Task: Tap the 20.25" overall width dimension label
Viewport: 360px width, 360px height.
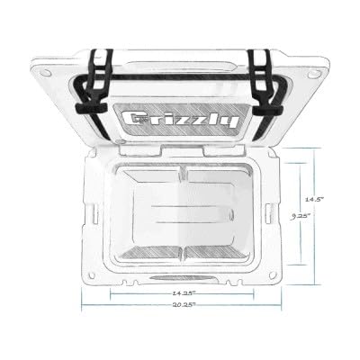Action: tap(184, 305)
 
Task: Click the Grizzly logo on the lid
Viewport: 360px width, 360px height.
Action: tap(181, 121)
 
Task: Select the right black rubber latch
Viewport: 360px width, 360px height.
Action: tap(265, 83)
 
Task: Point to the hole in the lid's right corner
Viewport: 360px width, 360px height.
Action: tap(313, 73)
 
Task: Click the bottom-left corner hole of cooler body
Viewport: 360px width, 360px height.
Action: tap(93, 275)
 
